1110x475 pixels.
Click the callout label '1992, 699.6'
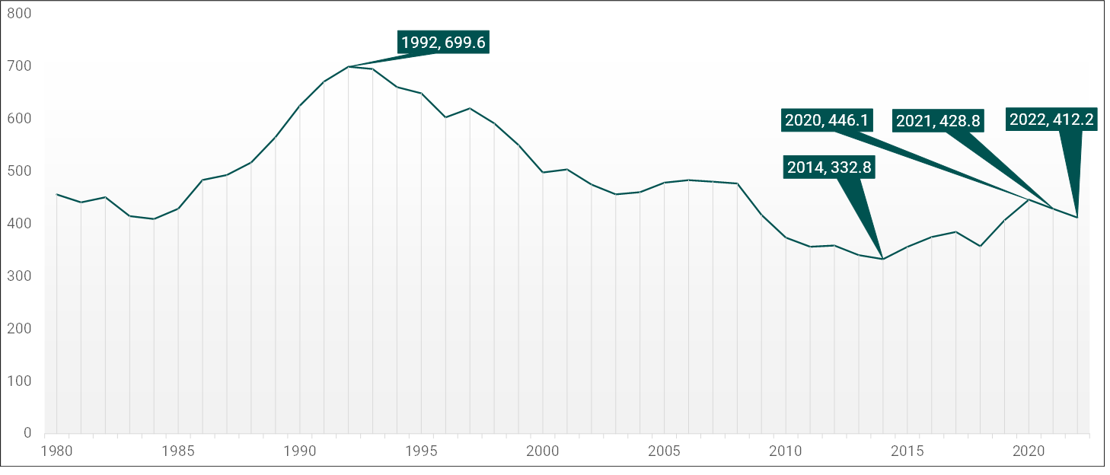pyautogui.click(x=443, y=43)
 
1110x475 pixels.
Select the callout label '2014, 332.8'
pyautogui.click(x=829, y=167)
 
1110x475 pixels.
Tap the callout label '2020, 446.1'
pyautogui.click(x=826, y=120)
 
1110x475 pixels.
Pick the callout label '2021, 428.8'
pyautogui.click(x=938, y=120)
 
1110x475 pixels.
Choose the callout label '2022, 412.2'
pyautogui.click(x=1051, y=119)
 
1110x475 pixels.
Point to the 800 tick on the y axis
pyautogui.click(x=22, y=14)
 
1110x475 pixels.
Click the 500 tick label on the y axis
pyautogui.click(x=22, y=171)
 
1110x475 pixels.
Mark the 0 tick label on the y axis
pyautogui.click(x=27, y=434)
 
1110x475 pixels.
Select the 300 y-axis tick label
pyautogui.click(x=22, y=276)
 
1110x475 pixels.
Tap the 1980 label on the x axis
pyautogui.click(x=56, y=451)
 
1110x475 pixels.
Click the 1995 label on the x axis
pyautogui.click(x=421, y=451)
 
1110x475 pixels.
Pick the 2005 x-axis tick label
pyautogui.click(x=664, y=451)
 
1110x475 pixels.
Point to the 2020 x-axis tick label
pyautogui.click(x=1029, y=451)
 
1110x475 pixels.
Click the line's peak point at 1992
pyautogui.click(x=348, y=67)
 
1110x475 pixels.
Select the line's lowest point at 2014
pyautogui.click(x=882, y=259)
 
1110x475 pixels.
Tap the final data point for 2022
pyautogui.click(x=1077, y=218)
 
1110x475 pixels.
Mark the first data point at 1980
pyautogui.click(x=56, y=194)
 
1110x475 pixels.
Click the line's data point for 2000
pyautogui.click(x=543, y=172)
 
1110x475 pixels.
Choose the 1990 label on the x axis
pyautogui.click(x=299, y=451)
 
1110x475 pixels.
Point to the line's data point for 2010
pyautogui.click(x=786, y=238)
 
